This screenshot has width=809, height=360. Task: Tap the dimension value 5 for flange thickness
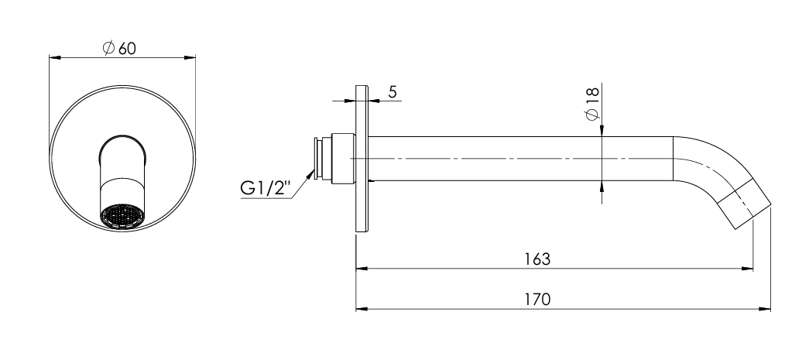393,92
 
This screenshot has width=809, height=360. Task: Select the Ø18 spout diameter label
593,104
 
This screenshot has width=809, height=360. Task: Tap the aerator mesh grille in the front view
122,216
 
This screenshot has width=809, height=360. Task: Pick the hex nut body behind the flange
341,159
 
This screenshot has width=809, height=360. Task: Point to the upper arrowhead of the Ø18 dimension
602,132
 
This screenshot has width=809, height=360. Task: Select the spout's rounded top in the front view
122,142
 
